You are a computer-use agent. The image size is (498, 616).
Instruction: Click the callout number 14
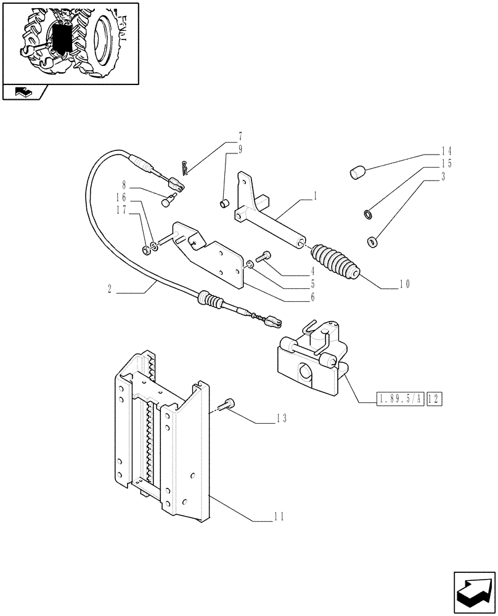(446, 151)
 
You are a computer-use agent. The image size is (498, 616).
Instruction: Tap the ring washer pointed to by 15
(368, 214)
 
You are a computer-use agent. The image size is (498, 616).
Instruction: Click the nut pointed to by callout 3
(373, 241)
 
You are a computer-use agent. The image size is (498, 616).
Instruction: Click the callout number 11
(278, 517)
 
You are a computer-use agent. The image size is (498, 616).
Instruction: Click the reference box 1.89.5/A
(398, 400)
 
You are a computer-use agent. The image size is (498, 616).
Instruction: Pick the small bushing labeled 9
(226, 202)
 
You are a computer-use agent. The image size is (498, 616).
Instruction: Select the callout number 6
(313, 298)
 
